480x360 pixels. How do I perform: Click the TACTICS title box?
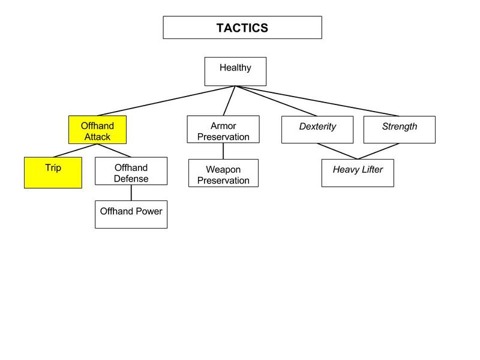coord(242,28)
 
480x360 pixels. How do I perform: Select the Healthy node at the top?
coord(235,71)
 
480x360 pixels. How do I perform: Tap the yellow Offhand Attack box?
coord(97,130)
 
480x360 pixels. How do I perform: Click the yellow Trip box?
coord(53,173)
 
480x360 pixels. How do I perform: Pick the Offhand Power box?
coord(131,214)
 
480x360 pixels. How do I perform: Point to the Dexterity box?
coord(317,130)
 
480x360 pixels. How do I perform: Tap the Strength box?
coord(399,130)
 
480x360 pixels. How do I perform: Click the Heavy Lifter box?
coord(358,173)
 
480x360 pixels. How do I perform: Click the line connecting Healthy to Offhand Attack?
coord(166,101)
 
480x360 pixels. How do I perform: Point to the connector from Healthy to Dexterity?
coord(276,101)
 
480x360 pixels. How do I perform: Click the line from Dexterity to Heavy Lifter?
coord(337,151)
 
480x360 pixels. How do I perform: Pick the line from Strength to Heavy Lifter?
coord(378,151)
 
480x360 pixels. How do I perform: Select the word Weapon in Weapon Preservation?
coord(223,170)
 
